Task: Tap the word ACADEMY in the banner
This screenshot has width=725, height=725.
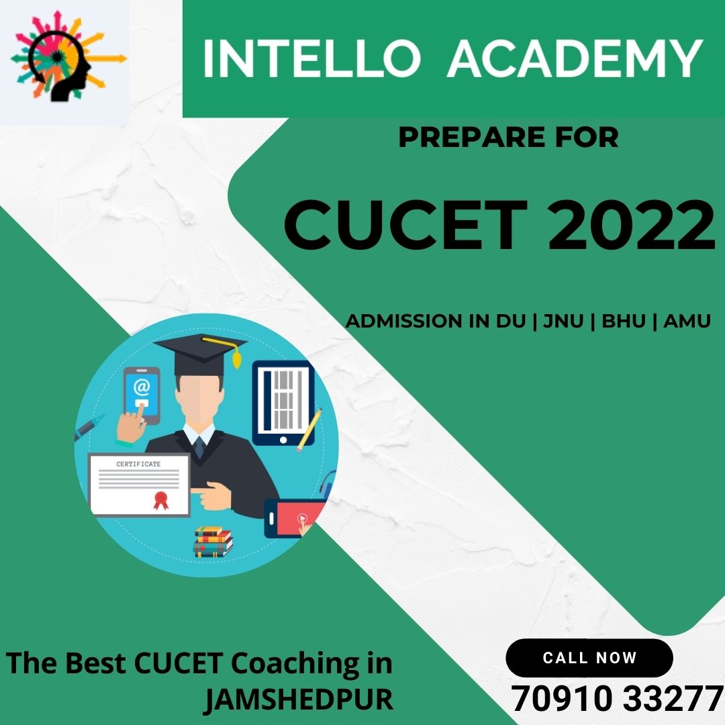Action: pyautogui.click(x=575, y=58)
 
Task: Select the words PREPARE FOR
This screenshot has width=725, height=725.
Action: pyautogui.click(x=509, y=138)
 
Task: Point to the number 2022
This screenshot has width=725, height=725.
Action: pyautogui.click(x=631, y=225)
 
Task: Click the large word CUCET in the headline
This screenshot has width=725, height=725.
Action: pyautogui.click(x=405, y=225)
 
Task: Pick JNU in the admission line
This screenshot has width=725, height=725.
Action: pyautogui.click(x=563, y=321)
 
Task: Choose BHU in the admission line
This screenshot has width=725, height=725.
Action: pyautogui.click(x=623, y=321)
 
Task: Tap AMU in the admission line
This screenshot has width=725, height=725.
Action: pyautogui.click(x=687, y=321)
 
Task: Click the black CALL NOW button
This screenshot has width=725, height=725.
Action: pyautogui.click(x=589, y=657)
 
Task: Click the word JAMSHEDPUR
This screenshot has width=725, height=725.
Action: pyautogui.click(x=299, y=699)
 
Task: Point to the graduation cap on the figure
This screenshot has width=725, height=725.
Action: pyautogui.click(x=200, y=354)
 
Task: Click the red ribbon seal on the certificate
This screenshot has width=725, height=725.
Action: pyautogui.click(x=160, y=500)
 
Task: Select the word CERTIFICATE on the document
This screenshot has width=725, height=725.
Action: pyautogui.click(x=138, y=464)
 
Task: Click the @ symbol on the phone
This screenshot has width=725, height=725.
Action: pyautogui.click(x=141, y=387)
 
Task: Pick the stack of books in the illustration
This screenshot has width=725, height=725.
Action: pyautogui.click(x=213, y=542)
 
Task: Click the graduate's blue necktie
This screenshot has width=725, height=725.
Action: pyautogui.click(x=199, y=446)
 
